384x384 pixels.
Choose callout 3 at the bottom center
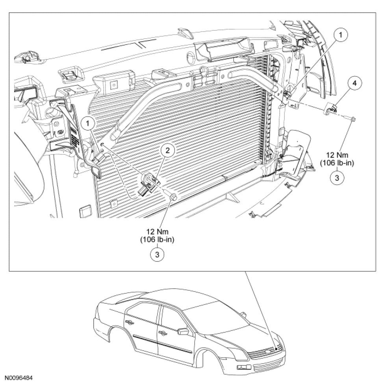157,254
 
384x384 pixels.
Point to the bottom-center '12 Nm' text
157,231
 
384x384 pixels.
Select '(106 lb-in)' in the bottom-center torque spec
157,239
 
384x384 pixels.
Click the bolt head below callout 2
174,196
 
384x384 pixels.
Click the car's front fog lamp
240,367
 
